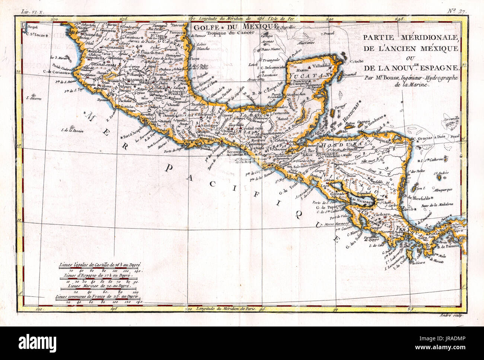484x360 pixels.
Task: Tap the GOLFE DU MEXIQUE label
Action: click(x=236, y=26)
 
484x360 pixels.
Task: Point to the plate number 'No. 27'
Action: click(x=457, y=11)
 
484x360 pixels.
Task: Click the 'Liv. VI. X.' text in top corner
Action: click(x=32, y=12)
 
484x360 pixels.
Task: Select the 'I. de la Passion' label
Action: click(x=72, y=131)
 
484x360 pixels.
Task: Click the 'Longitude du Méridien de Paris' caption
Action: click(x=230, y=309)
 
